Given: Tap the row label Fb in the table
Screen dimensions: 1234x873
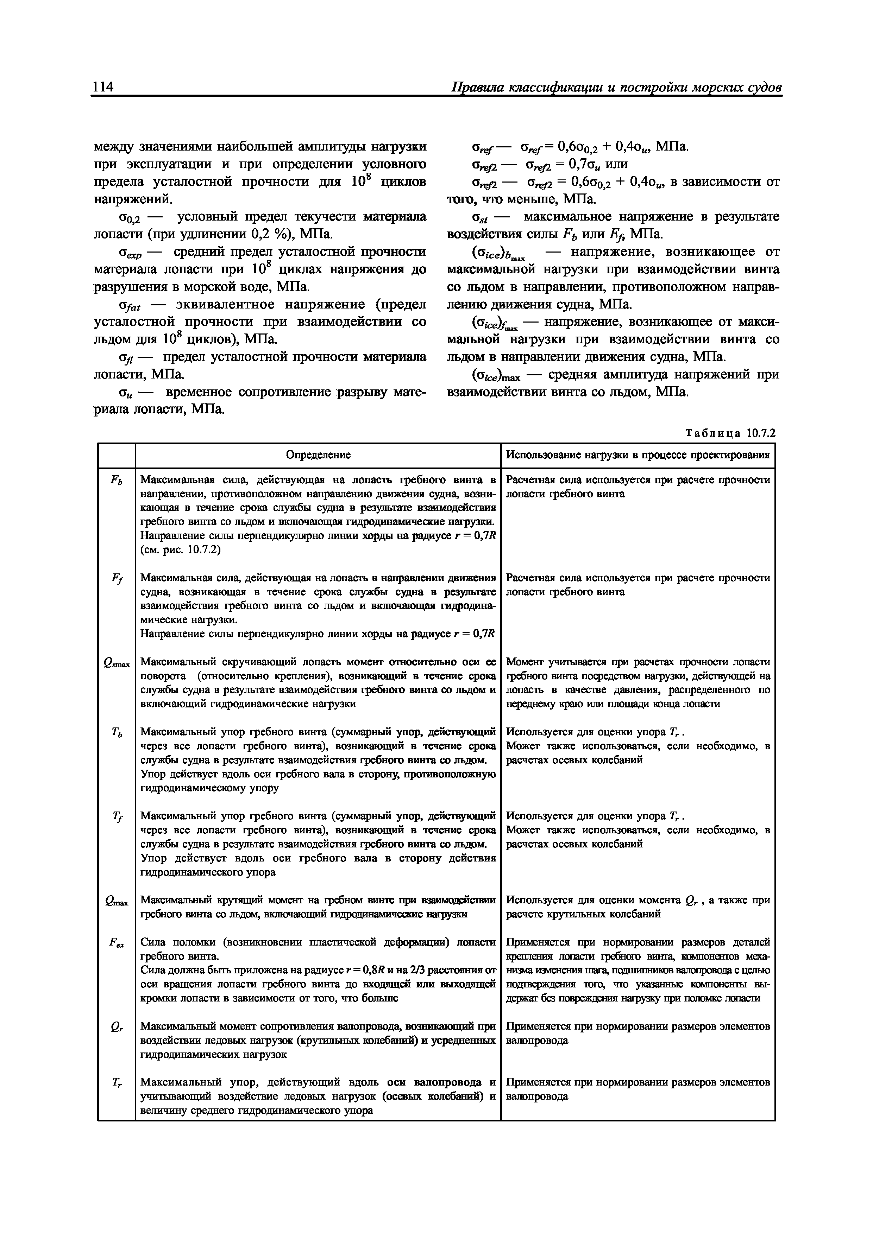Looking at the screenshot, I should [116, 481].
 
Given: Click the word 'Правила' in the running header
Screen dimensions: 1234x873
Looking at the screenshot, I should [478, 87].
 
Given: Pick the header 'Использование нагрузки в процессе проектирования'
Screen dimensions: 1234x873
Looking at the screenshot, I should [638, 455].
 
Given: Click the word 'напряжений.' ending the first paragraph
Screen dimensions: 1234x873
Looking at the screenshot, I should [133, 199].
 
